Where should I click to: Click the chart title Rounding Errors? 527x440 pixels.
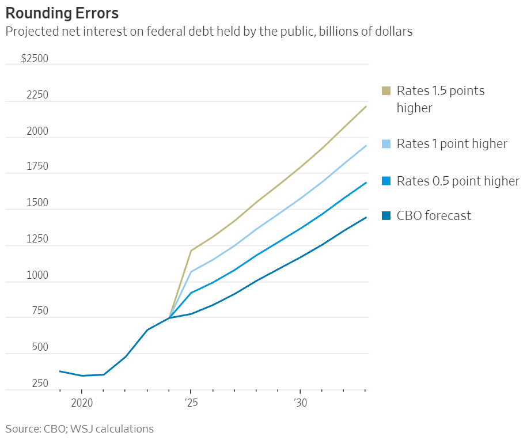62,13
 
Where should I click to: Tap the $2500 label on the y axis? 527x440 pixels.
35,59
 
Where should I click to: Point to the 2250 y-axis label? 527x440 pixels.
37,96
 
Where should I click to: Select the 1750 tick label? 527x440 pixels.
37,167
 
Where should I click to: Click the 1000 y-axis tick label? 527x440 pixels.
37,275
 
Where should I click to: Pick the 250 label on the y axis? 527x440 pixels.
39,384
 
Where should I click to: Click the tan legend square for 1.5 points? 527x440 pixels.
386,91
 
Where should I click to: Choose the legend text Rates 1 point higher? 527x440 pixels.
452,143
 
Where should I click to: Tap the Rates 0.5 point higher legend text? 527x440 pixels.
458,181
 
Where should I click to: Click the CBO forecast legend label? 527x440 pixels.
434,215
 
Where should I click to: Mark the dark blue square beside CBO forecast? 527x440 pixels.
386,216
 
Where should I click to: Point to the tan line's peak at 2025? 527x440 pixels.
191,251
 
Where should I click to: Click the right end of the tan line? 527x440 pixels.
366,107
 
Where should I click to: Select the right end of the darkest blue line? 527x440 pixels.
366,217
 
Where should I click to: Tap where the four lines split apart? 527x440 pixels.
169,317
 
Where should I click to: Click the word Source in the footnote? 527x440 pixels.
21,429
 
